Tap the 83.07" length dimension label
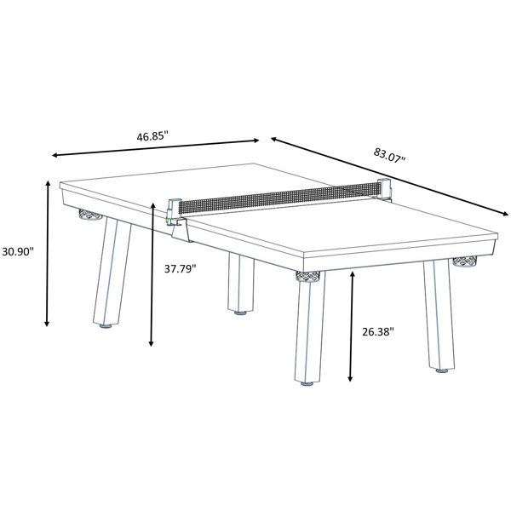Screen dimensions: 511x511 pyautogui.click(x=389, y=156)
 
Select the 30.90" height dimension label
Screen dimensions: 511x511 pyautogui.click(x=18, y=251)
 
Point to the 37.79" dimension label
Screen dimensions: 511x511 pyautogui.click(x=180, y=268)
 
